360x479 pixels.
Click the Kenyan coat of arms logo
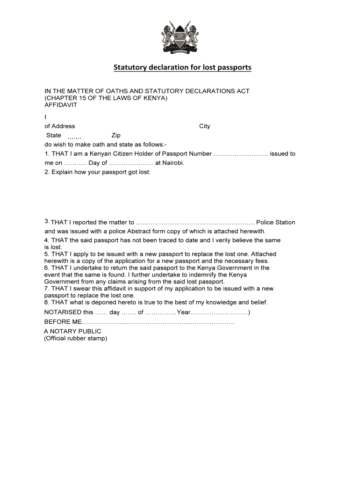pyautogui.click(x=180, y=37)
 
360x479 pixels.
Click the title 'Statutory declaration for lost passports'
pyautogui.click(x=182, y=67)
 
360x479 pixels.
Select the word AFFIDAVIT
pyautogui.click(x=61, y=105)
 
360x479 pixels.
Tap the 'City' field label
pyautogui.click(x=205, y=126)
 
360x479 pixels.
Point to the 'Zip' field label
pyautogui.click(x=116, y=135)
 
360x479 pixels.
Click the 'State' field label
pyautogui.click(x=54, y=135)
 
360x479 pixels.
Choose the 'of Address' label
pyautogui.click(x=59, y=126)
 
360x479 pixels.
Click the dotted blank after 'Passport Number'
pyautogui.click(x=240, y=154)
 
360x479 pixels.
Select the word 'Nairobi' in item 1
pyautogui.click(x=173, y=163)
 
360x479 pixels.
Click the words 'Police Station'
pyautogui.click(x=275, y=222)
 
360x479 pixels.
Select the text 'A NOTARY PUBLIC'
pyautogui.click(x=72, y=331)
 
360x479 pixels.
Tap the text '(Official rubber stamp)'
pyautogui.click(x=76, y=338)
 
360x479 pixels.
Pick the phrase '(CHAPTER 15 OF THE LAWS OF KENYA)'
pyautogui.click(x=106, y=98)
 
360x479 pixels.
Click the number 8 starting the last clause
pyautogui.click(x=46, y=302)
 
